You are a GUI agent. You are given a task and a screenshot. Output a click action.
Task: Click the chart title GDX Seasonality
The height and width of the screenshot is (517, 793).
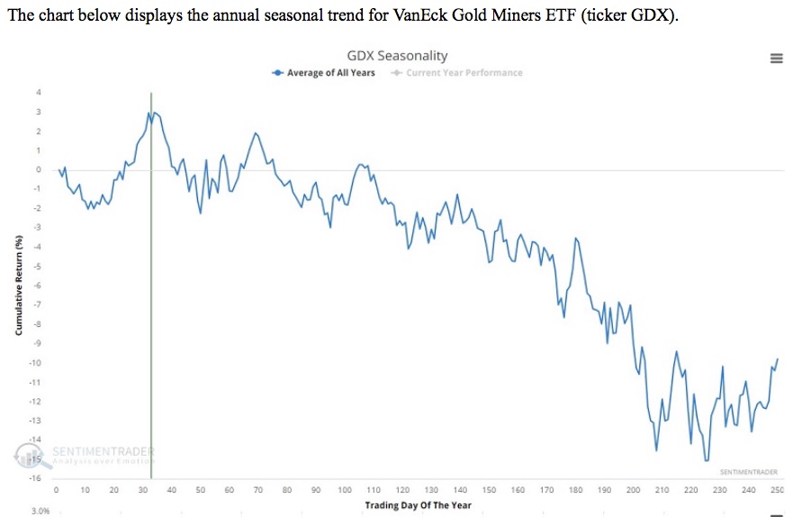397,56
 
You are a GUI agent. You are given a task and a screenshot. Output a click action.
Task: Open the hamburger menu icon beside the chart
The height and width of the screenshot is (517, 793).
776,58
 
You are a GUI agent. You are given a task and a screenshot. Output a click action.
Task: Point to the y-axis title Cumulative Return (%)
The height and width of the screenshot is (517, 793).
18,285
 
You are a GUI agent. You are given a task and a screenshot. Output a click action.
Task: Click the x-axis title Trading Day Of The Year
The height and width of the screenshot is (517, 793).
418,505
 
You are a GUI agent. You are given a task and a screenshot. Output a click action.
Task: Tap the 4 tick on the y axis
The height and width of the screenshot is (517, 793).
38,92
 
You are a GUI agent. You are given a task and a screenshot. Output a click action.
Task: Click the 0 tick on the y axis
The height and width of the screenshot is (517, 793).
38,169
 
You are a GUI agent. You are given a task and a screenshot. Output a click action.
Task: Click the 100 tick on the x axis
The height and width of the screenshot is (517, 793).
345,491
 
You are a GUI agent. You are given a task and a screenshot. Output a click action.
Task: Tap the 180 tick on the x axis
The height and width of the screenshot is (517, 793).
575,491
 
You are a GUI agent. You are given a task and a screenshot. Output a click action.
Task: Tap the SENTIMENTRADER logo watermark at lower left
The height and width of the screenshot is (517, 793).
86,454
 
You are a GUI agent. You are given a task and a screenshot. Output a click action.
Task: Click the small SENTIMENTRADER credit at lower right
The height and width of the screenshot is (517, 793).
747,472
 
